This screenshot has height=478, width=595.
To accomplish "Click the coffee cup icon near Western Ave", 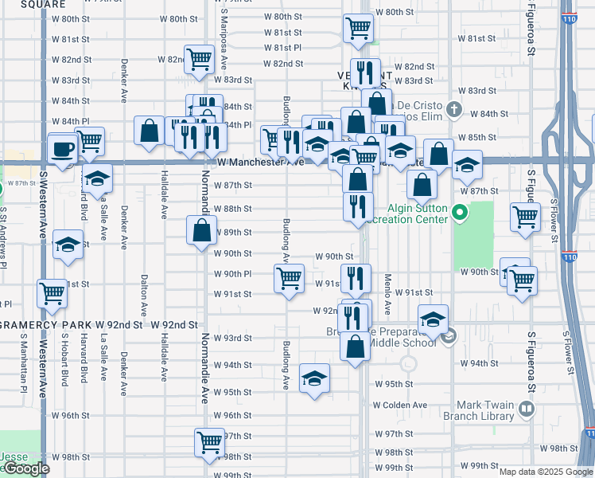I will (x=62, y=148).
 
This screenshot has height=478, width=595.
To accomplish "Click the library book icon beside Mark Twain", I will (x=525, y=409).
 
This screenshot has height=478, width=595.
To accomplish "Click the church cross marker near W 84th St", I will (x=453, y=109).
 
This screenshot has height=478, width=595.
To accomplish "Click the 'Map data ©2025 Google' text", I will (x=545, y=471).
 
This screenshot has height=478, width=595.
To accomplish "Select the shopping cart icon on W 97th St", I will (x=209, y=441).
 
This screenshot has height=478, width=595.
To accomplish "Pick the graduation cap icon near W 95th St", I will (x=314, y=378).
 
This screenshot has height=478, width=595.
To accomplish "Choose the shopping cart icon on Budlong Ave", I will (x=288, y=278).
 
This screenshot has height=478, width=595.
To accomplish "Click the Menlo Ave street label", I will (x=388, y=294).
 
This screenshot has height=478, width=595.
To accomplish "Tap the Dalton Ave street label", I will (x=144, y=295).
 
